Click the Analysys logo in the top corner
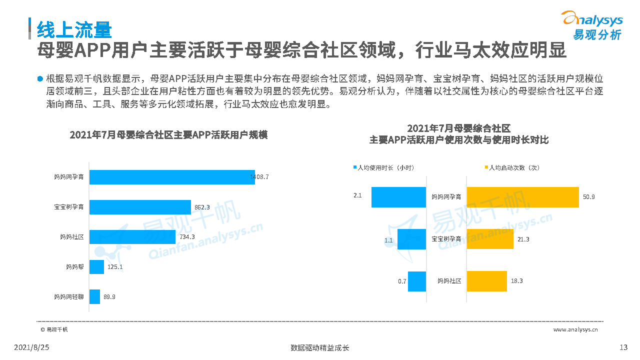click(x=593, y=25)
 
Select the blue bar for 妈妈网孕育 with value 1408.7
click(x=172, y=177)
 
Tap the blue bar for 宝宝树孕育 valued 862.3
click(x=140, y=207)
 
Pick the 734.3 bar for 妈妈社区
click(x=132, y=237)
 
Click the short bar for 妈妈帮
click(x=97, y=267)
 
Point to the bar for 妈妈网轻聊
click(x=95, y=297)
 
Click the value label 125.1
click(x=115, y=267)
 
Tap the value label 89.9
click(x=109, y=297)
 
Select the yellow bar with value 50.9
click(x=522, y=197)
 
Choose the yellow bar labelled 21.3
click(x=490, y=239)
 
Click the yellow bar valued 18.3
click(x=486, y=281)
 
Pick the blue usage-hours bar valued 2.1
click(x=398, y=197)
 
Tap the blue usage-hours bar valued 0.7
click(x=417, y=281)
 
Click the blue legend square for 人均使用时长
click(x=355, y=168)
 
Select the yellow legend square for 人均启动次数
click(x=485, y=168)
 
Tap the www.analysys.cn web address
click(x=575, y=329)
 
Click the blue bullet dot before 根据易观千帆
click(x=40, y=79)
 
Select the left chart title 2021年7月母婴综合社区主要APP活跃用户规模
click(x=168, y=135)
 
